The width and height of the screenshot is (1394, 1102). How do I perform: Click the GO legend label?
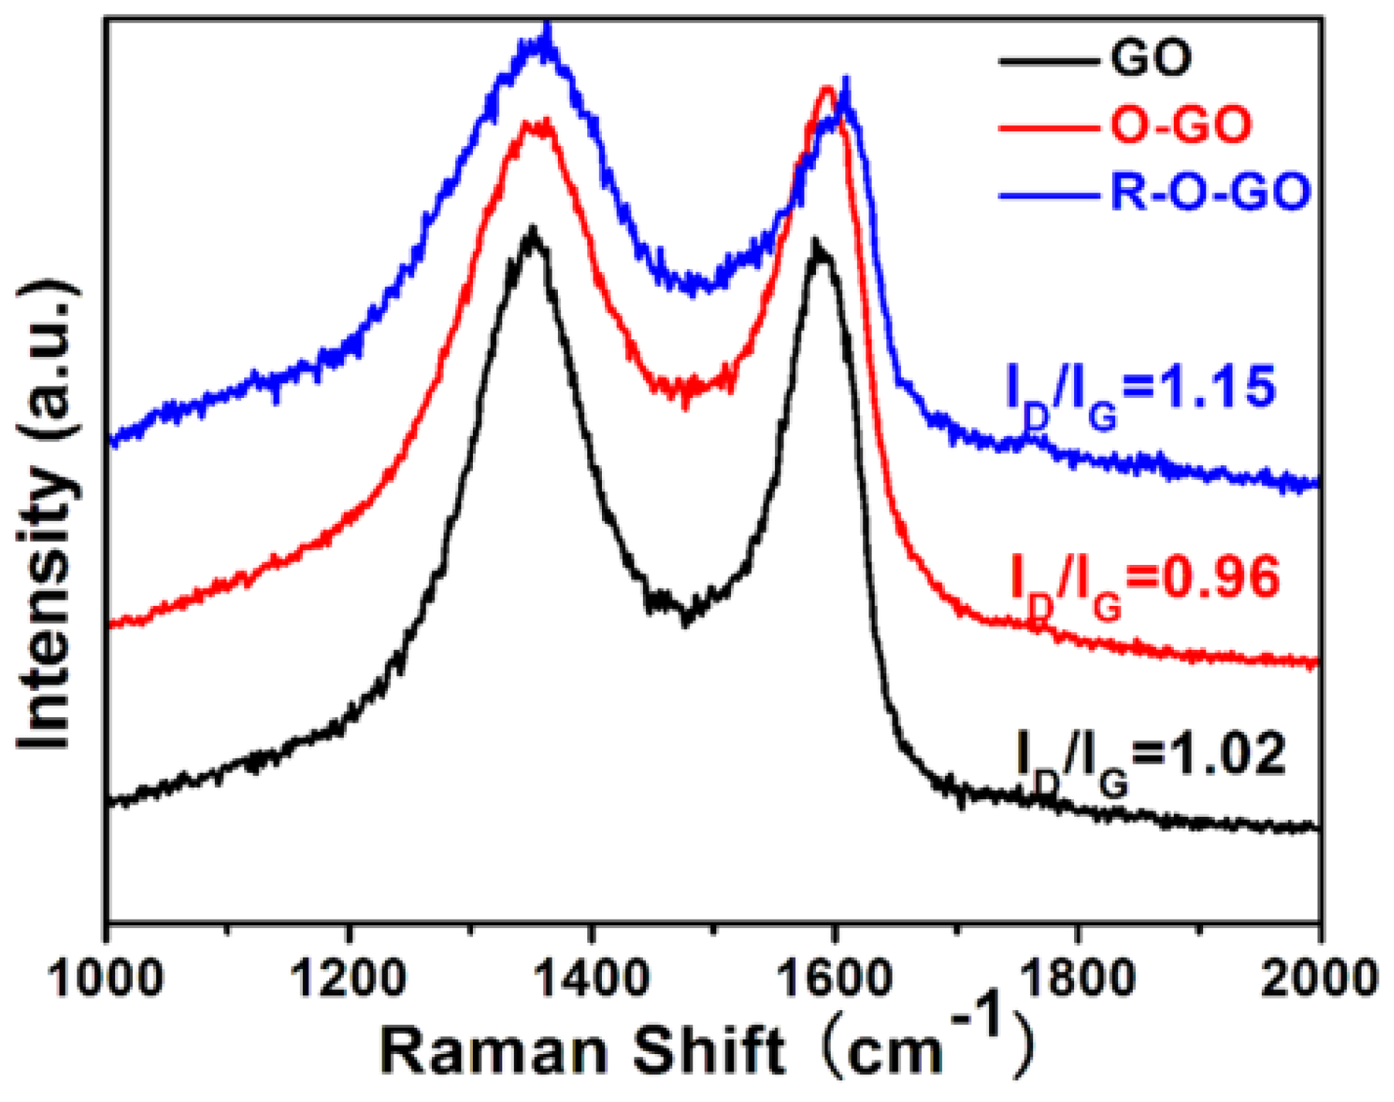[x=1151, y=58]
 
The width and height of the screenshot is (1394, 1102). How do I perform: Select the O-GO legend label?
[x=1180, y=125]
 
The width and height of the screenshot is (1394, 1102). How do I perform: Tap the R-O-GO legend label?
[x=1210, y=192]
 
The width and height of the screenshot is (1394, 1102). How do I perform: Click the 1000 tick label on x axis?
[x=106, y=978]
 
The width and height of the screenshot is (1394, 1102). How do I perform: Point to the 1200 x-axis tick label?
[x=348, y=978]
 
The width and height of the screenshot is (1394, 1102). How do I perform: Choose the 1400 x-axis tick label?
[x=591, y=978]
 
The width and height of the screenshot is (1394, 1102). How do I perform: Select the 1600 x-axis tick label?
[x=834, y=978]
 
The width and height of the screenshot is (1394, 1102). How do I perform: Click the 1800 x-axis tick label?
[x=1076, y=978]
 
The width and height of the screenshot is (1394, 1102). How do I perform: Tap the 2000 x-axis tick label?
[x=1319, y=978]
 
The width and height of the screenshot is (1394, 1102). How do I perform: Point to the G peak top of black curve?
[x=817, y=246]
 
